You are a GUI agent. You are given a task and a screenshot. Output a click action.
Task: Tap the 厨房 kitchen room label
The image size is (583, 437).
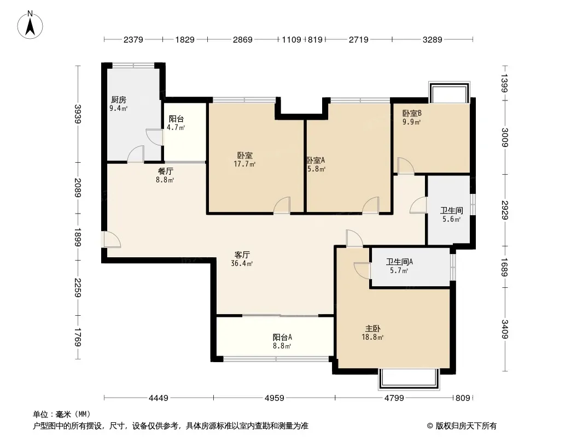coord(119,104)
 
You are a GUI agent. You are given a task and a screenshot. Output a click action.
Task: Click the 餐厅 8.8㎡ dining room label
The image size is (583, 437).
coord(166,175)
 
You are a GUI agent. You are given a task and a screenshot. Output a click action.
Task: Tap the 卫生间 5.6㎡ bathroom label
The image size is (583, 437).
coord(451,215)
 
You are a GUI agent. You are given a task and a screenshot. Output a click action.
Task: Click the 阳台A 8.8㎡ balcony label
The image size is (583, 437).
coord(282,341)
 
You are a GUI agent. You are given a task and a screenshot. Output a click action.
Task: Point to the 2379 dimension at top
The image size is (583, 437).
coord(133,39)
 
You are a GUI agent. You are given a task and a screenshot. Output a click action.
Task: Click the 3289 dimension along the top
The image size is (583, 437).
coord(432,39)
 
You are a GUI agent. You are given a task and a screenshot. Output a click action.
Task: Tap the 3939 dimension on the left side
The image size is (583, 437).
coord(78,114)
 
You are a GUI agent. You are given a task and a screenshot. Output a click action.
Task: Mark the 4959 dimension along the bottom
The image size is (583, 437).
coord(275,398)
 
